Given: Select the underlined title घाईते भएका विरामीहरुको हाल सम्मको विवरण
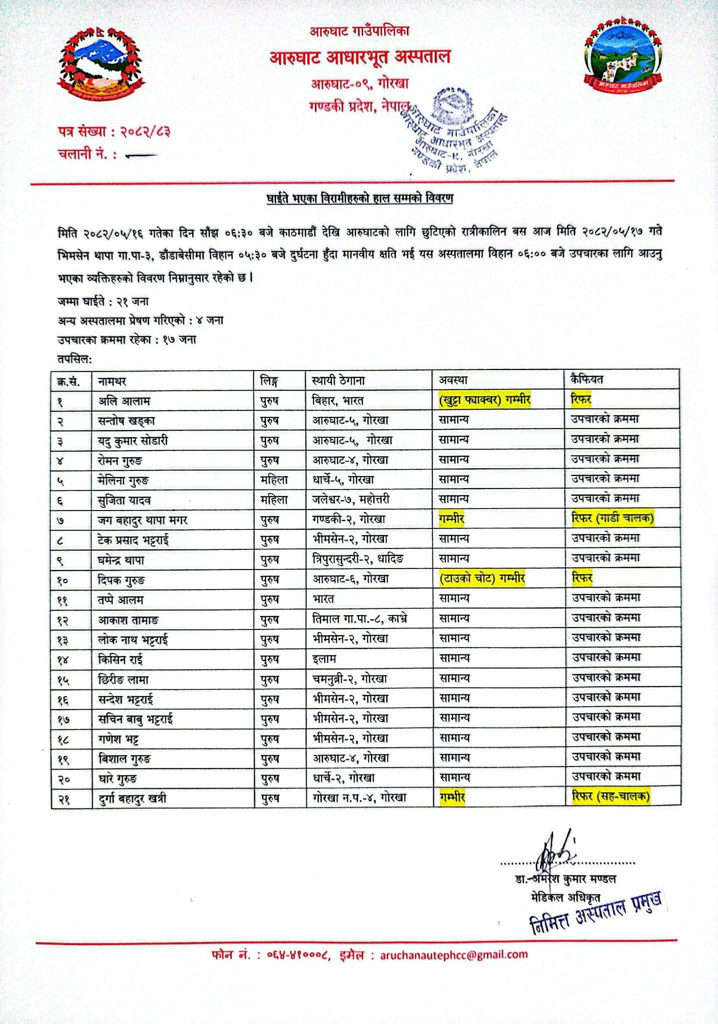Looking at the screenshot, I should point(359,198).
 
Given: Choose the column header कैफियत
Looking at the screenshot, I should point(587,379).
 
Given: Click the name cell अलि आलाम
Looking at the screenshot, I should point(124,400).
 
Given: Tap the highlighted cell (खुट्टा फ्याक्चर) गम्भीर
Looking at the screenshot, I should point(484,400).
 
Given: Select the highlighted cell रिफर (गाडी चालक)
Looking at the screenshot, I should point(612,518).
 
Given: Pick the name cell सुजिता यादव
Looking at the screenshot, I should point(124,499).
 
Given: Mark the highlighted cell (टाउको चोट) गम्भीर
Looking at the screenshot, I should point(482,578).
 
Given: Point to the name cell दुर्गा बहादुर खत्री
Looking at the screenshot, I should point(132,798).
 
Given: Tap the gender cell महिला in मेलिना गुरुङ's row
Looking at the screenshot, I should point(274,479).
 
